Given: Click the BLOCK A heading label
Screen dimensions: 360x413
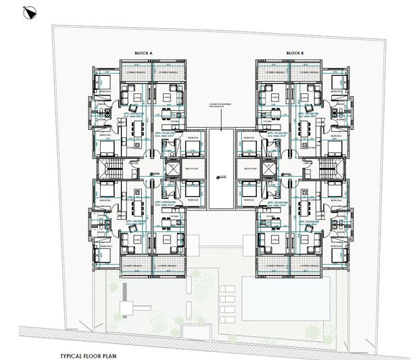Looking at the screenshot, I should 144,52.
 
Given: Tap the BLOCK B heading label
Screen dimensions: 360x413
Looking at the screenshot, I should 295,52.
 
